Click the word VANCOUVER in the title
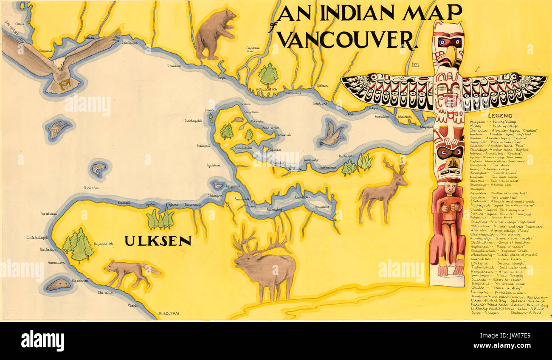(346, 39)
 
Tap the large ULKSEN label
(158, 241)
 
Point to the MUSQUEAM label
(169, 314)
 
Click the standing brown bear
(215, 34)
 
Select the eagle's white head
(59, 64)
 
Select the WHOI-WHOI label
(270, 127)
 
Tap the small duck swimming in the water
(218, 185)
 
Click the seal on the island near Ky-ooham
(59, 284)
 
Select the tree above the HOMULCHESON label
(268, 75)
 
